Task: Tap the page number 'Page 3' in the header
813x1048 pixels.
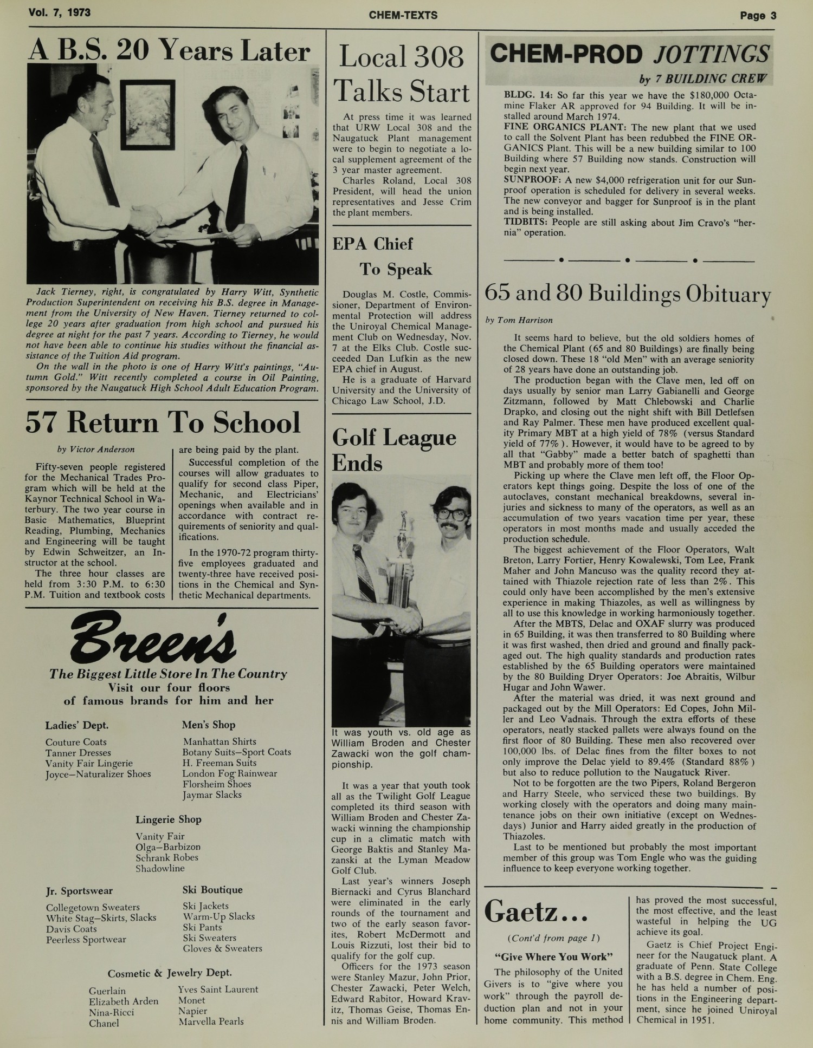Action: point(758,15)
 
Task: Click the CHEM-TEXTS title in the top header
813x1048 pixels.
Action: point(403,15)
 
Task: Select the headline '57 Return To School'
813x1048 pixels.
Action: point(163,422)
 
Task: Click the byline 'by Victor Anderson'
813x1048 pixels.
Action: point(96,449)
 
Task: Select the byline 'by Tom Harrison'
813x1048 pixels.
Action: point(519,320)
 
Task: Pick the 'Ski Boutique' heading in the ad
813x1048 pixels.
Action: point(212,889)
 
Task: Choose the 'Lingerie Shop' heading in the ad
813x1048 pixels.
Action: point(168,819)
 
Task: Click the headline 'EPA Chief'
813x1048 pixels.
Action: point(372,244)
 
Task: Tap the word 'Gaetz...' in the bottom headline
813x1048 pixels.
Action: point(536,912)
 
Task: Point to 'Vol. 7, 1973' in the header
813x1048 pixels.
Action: point(60,12)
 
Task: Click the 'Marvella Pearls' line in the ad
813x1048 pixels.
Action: point(211,1021)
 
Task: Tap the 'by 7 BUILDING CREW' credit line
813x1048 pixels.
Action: point(703,79)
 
